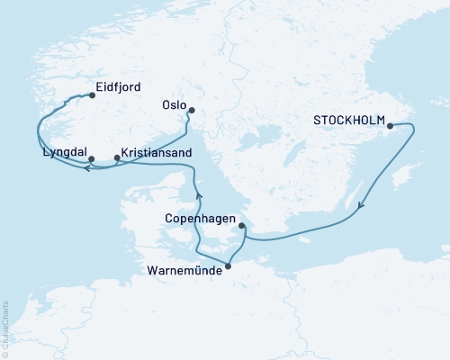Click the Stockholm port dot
[390, 126]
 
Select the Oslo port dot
[190, 112]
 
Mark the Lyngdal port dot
[92, 159]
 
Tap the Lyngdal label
[65, 152]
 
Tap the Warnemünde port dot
[227, 265]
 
